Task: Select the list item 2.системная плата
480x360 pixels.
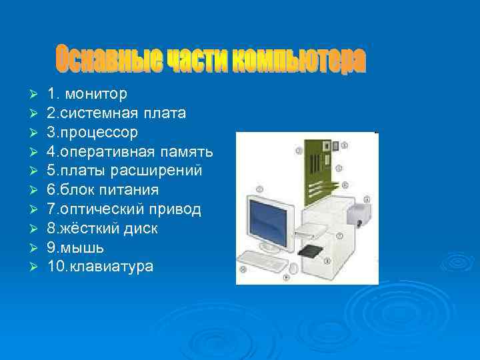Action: tap(117, 113)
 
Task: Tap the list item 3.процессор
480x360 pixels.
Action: tap(93, 132)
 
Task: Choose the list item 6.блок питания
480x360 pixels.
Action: tap(103, 190)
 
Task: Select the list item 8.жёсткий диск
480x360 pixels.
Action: tap(102, 229)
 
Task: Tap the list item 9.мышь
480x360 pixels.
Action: tap(75, 247)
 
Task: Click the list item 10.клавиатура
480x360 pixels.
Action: tap(100, 267)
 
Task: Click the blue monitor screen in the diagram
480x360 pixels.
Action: tap(270, 220)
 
